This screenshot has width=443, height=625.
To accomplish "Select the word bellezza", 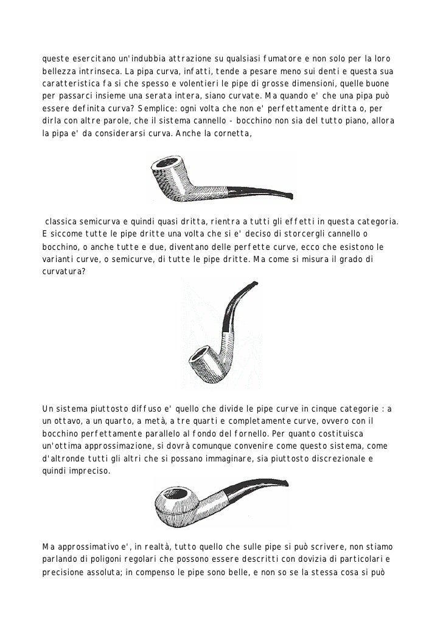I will [x=59, y=71].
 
